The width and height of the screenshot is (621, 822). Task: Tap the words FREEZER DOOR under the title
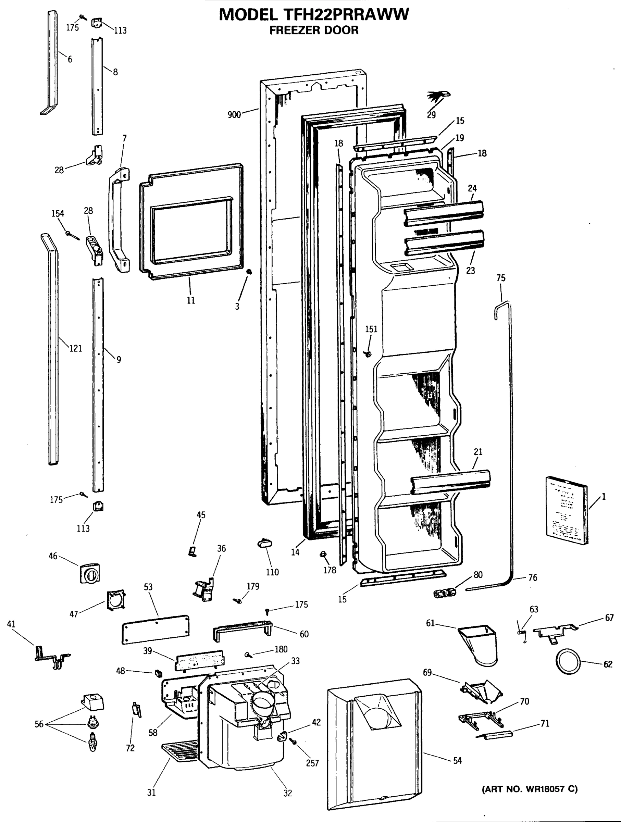(314, 30)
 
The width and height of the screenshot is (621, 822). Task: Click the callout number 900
(234, 114)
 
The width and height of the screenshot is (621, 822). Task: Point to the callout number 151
(371, 329)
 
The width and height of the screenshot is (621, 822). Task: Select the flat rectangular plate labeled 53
(156, 629)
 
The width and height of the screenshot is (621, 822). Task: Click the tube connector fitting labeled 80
(445, 592)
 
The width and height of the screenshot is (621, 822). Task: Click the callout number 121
(75, 348)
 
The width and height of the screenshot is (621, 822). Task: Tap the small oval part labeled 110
(264, 544)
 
